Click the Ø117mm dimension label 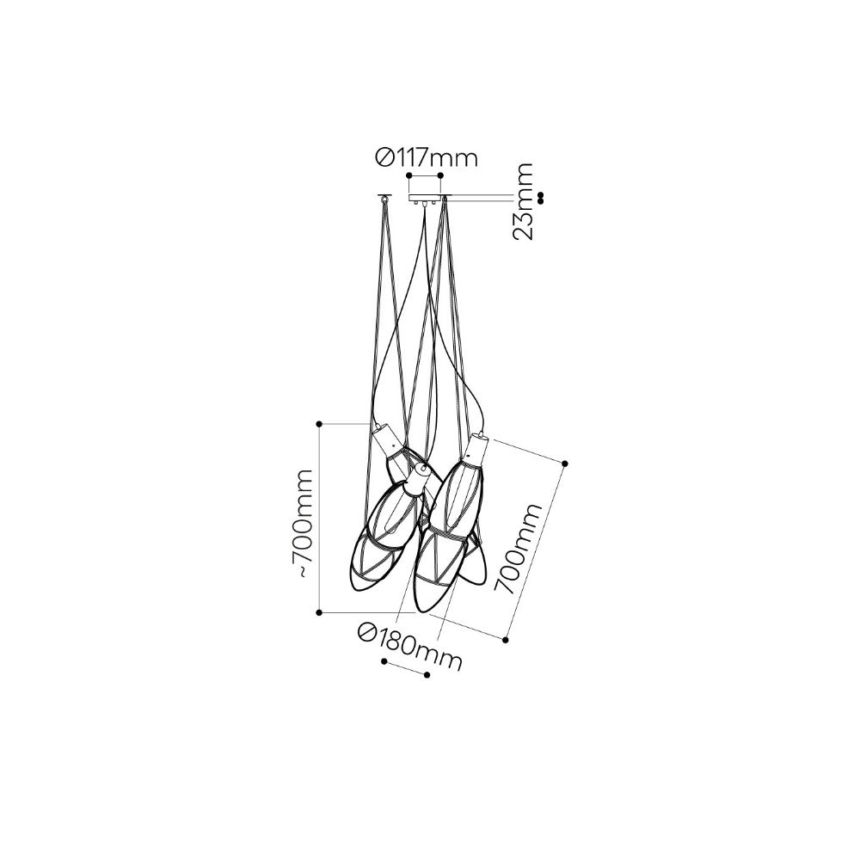click(x=427, y=158)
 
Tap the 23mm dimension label click(x=522, y=200)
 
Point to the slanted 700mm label click(x=519, y=549)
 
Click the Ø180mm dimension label click(x=409, y=646)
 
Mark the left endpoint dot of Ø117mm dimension click(x=408, y=175)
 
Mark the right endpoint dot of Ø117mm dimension click(x=440, y=175)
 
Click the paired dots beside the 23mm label click(x=541, y=198)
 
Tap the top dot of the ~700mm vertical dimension click(x=319, y=424)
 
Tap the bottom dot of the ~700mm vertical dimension click(x=319, y=611)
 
